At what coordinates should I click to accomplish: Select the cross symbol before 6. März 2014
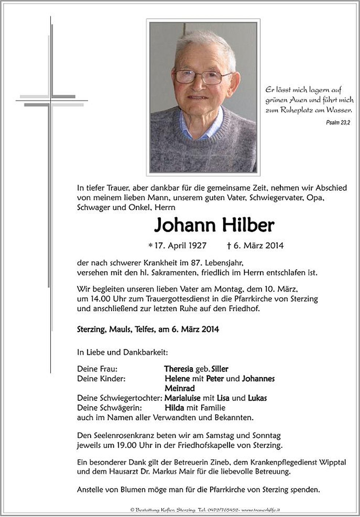pos(229,245)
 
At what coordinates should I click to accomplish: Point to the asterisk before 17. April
pos(150,245)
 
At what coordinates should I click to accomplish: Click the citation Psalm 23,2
pos(338,123)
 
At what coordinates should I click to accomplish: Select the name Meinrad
pos(180,388)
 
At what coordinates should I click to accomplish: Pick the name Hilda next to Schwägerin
pos(175,407)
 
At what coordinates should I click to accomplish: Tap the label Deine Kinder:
pos(101,378)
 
